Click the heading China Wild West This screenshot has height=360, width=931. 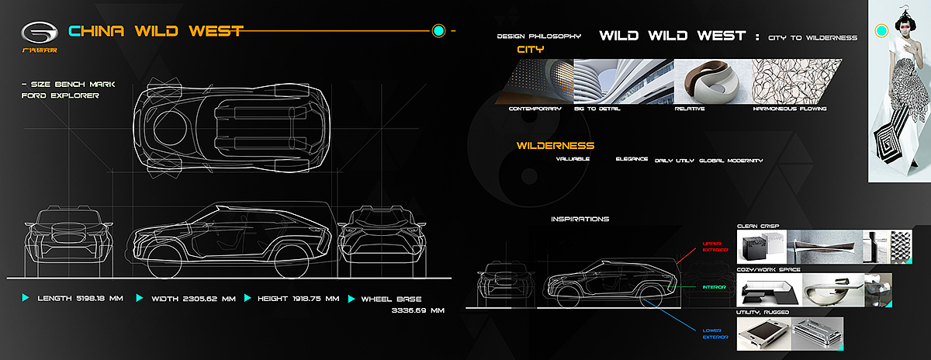(x=156, y=31)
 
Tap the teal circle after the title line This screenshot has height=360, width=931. (x=438, y=31)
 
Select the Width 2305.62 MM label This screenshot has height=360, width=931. (x=191, y=298)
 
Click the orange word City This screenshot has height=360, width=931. (x=531, y=49)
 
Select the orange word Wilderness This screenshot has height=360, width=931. (x=555, y=145)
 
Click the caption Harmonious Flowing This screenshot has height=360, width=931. (x=789, y=109)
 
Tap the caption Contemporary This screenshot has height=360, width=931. (x=535, y=109)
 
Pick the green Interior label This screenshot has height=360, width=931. (x=713, y=286)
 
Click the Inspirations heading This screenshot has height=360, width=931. (x=580, y=219)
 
